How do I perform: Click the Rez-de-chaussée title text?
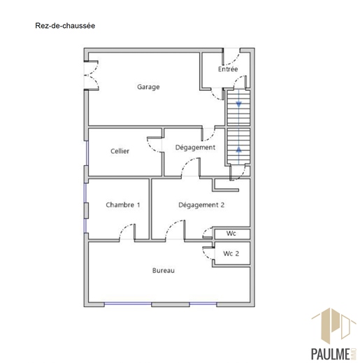[65, 26]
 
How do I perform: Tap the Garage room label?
[148, 87]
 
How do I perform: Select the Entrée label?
[228, 69]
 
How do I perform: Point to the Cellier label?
[120, 151]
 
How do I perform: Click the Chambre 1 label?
[123, 205]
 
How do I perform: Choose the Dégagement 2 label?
[201, 205]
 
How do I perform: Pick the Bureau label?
[164, 271]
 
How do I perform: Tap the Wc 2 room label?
[231, 253]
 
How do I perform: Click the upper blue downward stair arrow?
[238, 104]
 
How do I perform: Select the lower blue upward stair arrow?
[238, 149]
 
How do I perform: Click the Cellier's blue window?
[87, 153]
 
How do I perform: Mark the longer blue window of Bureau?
[128, 304]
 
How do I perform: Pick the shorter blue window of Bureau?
[203, 304]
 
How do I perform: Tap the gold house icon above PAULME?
[333, 326]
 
